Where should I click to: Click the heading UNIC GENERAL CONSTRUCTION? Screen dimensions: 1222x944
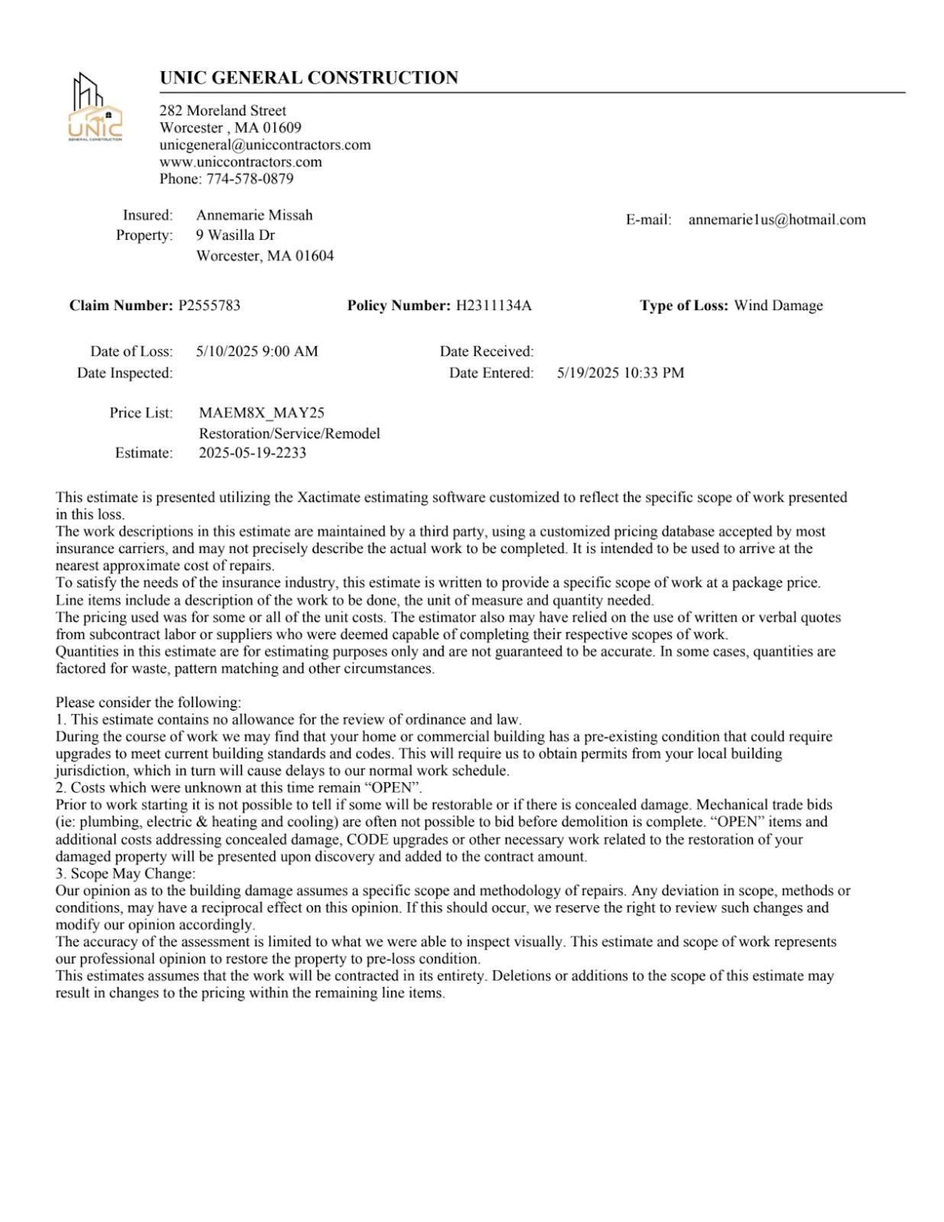coord(309,78)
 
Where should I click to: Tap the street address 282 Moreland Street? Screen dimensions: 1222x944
coord(222,111)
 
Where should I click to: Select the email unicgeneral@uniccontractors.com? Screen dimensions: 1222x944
coord(265,145)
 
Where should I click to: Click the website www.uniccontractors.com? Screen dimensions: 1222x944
coord(241,162)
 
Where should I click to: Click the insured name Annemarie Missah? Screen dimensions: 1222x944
coord(254,215)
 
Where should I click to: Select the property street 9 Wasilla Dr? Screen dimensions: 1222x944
coord(235,235)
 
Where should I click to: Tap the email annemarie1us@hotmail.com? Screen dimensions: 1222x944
coord(777,220)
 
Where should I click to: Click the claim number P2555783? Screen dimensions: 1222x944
coord(209,305)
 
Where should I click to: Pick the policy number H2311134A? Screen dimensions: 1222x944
coord(493,305)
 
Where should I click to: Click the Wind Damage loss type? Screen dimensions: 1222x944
coord(778,305)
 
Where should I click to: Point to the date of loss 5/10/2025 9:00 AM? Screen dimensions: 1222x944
coord(257,351)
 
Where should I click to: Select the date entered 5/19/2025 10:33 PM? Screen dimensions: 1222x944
coord(620,373)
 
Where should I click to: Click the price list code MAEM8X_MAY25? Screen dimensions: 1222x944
coord(261,413)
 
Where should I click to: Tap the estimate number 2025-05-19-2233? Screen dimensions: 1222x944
coord(252,453)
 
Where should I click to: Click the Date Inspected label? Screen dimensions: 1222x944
coord(124,373)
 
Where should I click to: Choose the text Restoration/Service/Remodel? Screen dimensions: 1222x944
coord(289,433)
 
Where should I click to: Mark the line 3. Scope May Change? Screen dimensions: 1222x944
coord(125,874)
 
